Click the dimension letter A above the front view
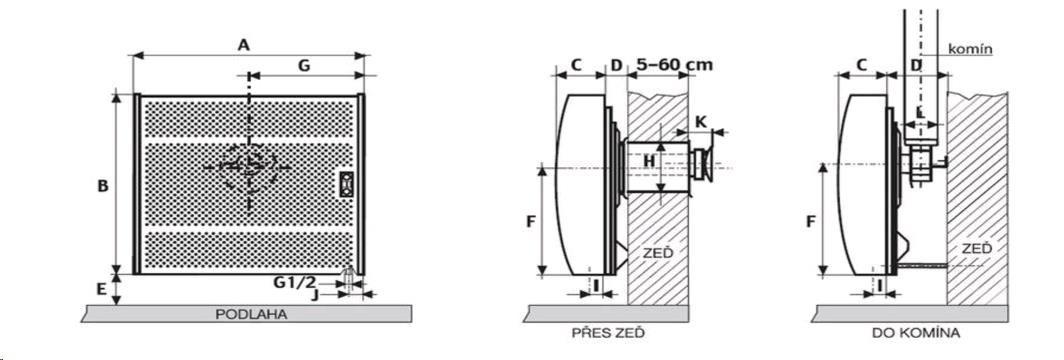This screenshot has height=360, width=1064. point(244,45)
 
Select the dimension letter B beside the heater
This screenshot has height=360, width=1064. point(102,186)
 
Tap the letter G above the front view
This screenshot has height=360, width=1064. point(304,65)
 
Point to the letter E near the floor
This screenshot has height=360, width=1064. point(101,289)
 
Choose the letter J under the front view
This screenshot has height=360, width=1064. point(315,295)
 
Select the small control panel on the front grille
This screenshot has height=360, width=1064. point(347,184)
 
